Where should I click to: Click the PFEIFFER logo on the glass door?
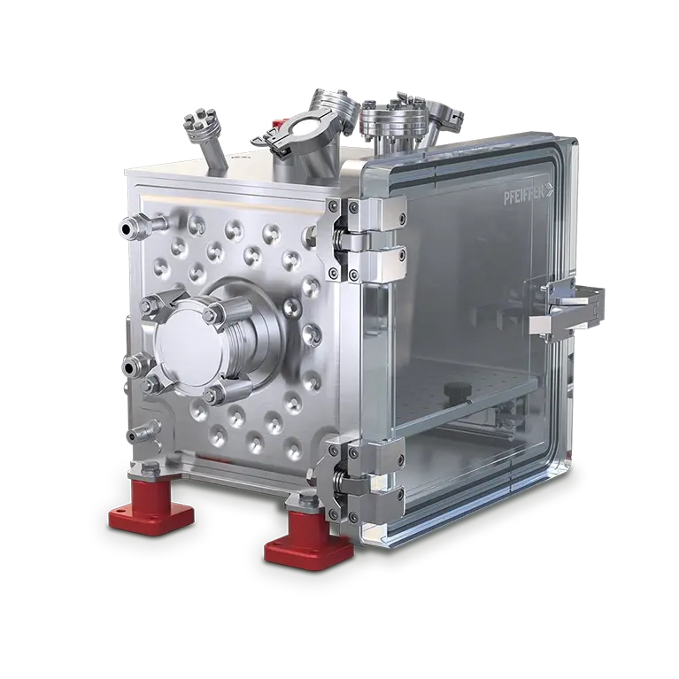pos(528,197)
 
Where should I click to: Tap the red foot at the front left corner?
pos(151,505)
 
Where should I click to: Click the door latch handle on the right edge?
pos(567,308)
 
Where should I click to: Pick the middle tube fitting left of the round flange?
pos(136,365)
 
